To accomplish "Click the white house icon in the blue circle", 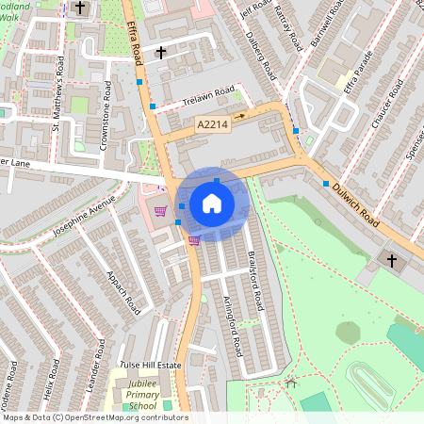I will tap(212, 204).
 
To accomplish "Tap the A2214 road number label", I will tap(212, 124).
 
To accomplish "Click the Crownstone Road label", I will tap(106, 116).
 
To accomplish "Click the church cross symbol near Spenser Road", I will tap(393, 258).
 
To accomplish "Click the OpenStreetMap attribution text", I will tap(94, 416).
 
